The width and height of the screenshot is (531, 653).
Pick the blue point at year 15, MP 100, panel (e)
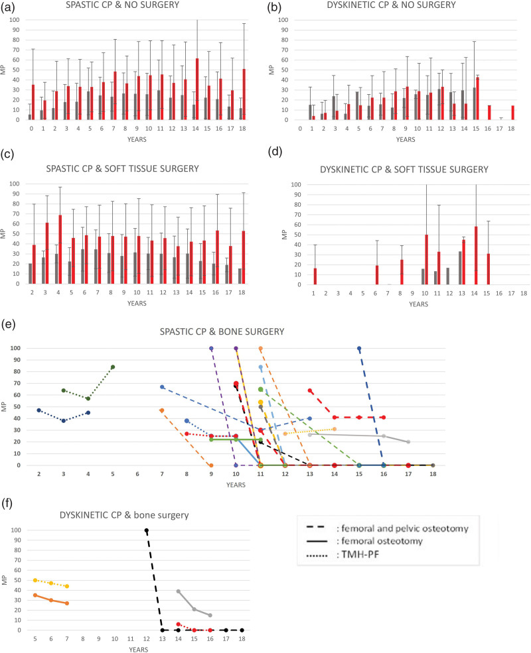pos(359,348)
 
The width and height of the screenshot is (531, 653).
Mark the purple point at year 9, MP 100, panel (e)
pos(211,348)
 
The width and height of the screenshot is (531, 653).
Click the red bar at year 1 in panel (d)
pos(315,276)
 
